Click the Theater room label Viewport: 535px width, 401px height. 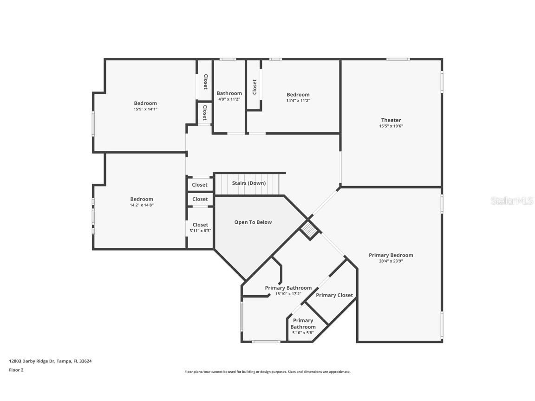pyautogui.click(x=391, y=120)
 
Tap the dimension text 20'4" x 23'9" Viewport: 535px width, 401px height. pyautogui.click(x=391, y=261)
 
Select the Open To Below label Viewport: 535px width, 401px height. pyautogui.click(x=253, y=222)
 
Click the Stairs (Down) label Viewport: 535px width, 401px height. pyautogui.click(x=249, y=183)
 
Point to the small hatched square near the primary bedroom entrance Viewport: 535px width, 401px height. pyautogui.click(x=308, y=230)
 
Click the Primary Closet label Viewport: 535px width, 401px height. pyautogui.click(x=334, y=295)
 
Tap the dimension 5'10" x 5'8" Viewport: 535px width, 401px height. pyautogui.click(x=303, y=332)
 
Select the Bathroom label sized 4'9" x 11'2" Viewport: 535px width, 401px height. pyautogui.click(x=229, y=93)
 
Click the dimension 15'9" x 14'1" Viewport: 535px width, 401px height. pyautogui.click(x=145, y=109)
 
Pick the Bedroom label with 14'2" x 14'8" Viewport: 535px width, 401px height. pyautogui.click(x=142, y=199)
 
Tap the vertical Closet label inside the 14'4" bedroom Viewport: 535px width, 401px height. pyautogui.click(x=254, y=87)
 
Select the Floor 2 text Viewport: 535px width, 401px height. pyautogui.click(x=16, y=370)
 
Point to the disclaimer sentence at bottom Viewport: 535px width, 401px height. pyautogui.click(x=267, y=372)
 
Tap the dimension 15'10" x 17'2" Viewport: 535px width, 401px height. pyautogui.click(x=288, y=293)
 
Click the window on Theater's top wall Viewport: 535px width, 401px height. pyautogui.click(x=398, y=59)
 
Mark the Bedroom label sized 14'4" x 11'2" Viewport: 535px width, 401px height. pyautogui.click(x=298, y=95)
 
